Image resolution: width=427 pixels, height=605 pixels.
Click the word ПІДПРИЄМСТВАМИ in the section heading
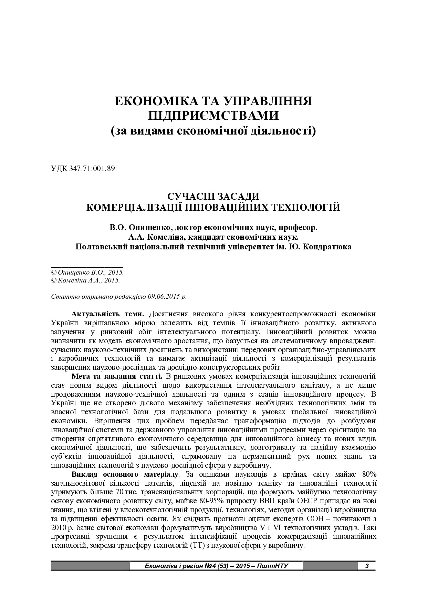[213, 115]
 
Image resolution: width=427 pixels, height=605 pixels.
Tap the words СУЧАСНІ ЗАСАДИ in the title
[213, 196]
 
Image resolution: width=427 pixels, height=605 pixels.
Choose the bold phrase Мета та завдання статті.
[117, 376]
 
